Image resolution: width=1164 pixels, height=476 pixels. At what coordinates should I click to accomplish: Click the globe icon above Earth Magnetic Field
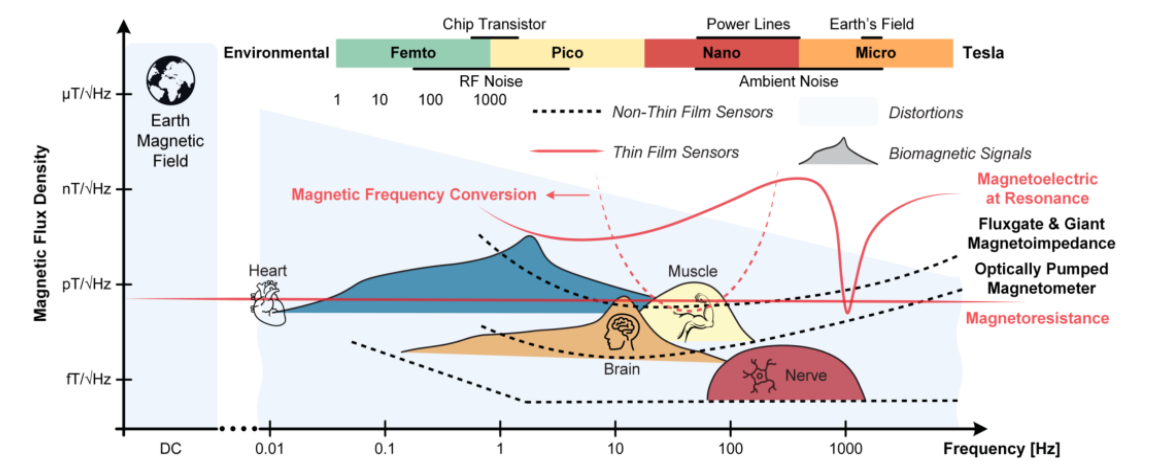click(x=170, y=81)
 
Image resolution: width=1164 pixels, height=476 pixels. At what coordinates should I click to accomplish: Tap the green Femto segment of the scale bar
click(x=413, y=53)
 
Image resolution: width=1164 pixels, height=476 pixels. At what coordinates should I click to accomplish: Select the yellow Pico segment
click(x=567, y=53)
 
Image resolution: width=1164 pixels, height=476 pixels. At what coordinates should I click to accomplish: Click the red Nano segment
click(x=721, y=53)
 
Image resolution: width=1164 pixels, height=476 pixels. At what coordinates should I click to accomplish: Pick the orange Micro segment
click(x=875, y=53)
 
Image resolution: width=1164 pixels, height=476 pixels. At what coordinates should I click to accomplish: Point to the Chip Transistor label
click(x=494, y=24)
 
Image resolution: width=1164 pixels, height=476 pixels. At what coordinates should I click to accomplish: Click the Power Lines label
click(x=748, y=24)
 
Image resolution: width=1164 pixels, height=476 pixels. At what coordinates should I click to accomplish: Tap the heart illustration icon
click(x=268, y=303)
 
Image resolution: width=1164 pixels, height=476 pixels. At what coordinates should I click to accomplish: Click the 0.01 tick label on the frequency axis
click(x=269, y=449)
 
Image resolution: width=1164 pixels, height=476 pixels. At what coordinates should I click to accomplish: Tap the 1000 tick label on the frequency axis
click(x=845, y=449)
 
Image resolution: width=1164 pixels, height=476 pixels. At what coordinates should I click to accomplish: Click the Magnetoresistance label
click(x=1037, y=318)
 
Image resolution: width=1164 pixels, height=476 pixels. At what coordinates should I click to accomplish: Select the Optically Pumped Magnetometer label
click(x=1041, y=278)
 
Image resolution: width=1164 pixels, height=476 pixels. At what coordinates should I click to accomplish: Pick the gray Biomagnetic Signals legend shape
click(x=839, y=154)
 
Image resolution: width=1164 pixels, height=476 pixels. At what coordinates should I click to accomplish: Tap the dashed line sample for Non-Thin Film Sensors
click(x=567, y=112)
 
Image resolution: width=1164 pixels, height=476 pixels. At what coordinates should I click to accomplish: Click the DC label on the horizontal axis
click(x=170, y=449)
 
